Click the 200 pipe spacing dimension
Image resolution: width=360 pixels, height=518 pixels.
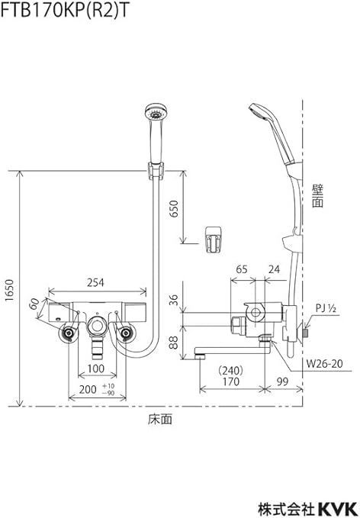88,389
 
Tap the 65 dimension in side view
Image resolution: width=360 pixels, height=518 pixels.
242,269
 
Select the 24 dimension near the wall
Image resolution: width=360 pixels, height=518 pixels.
275,269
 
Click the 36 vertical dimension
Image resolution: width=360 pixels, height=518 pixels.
173,300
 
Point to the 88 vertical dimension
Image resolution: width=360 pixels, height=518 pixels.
173,343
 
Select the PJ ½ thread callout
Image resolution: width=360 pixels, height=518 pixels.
326,308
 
